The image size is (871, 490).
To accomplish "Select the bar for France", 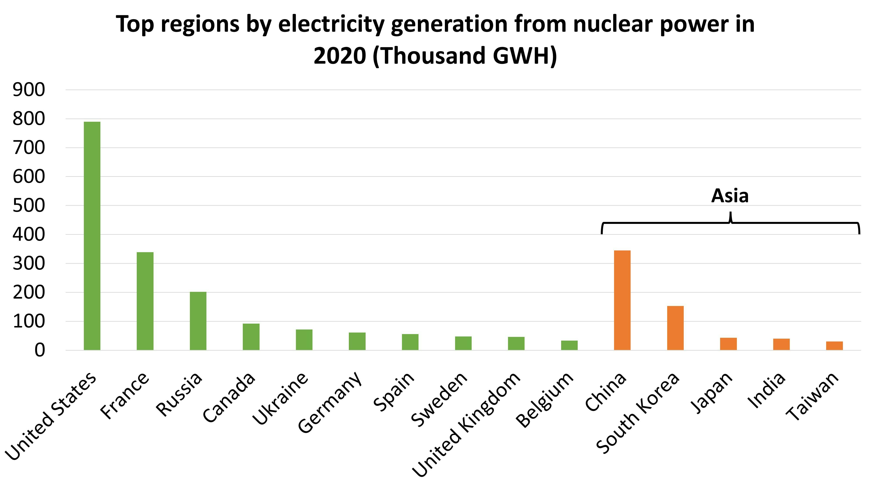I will pos(145,301).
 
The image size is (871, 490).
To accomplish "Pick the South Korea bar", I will pos(675,328).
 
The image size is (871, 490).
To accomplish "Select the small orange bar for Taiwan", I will pos(834,346).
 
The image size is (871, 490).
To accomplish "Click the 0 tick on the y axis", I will pos(40,350).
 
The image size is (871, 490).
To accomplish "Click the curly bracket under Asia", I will pos(730,223).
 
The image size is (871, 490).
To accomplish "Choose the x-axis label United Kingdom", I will pos(467,424).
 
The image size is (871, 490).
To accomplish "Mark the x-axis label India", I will pos(766,390).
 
